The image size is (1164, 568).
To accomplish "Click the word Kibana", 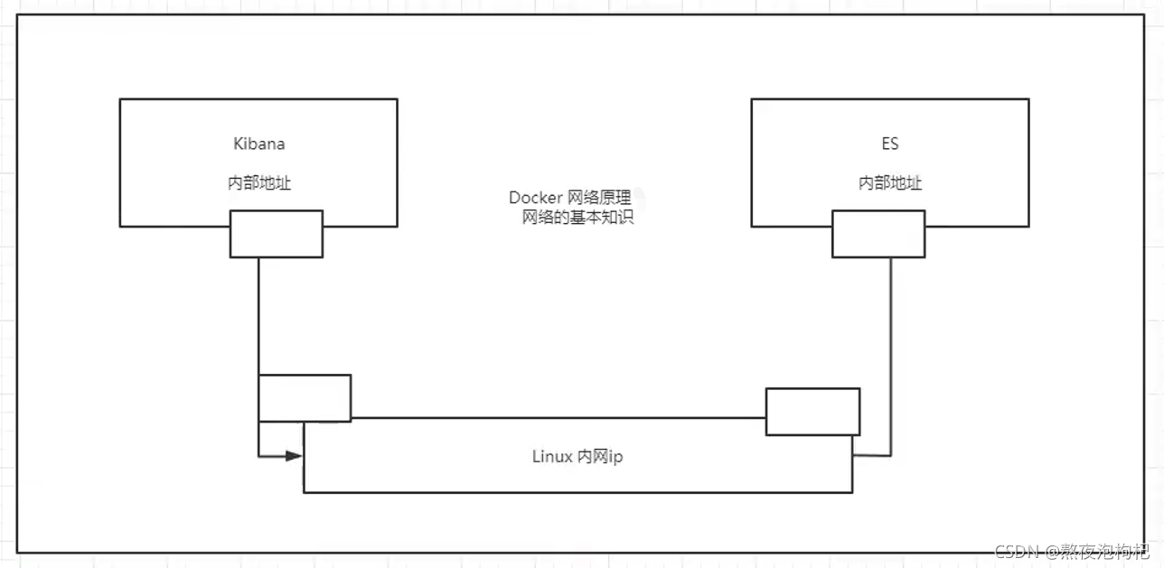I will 258,144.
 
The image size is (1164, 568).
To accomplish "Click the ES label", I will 890,144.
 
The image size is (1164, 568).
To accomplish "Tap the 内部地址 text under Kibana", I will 258,183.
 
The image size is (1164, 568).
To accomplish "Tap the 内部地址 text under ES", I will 890,183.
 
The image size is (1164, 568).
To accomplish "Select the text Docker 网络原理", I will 569,198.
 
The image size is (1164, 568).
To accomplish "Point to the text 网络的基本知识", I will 578,218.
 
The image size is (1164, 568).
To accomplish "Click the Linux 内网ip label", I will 577,457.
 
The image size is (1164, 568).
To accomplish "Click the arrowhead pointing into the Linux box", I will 294,456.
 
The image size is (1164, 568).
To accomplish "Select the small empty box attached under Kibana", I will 276,234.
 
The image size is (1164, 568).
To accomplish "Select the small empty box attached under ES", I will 878,234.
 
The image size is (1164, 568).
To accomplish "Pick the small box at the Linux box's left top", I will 305,397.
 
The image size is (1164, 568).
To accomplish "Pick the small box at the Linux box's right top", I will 812,411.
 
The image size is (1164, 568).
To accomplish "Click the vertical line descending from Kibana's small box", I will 258,316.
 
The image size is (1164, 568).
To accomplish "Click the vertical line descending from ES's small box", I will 891,352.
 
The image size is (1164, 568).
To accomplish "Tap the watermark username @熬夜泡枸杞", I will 1099,551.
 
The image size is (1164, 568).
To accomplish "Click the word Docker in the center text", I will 536,198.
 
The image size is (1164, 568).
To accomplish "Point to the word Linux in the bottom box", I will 551,457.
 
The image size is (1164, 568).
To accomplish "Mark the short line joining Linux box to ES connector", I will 871,455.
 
